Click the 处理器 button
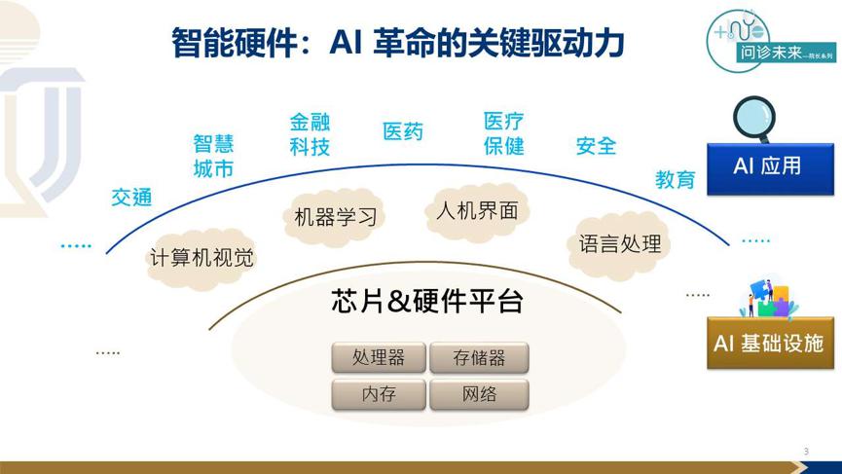(x=379, y=357)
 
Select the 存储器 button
(x=479, y=357)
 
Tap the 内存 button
(x=379, y=394)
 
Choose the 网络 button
(x=479, y=394)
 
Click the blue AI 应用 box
(x=770, y=168)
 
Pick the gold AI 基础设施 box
(x=770, y=343)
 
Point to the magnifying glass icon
(x=755, y=119)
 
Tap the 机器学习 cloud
(x=335, y=217)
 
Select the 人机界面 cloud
(x=477, y=211)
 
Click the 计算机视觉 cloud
(x=201, y=258)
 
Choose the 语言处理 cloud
(x=620, y=244)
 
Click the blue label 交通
(x=131, y=198)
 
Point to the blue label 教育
(x=675, y=179)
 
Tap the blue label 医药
(x=403, y=131)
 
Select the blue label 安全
(x=596, y=146)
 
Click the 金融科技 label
(x=310, y=134)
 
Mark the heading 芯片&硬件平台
(x=427, y=301)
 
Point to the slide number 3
(x=806, y=452)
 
